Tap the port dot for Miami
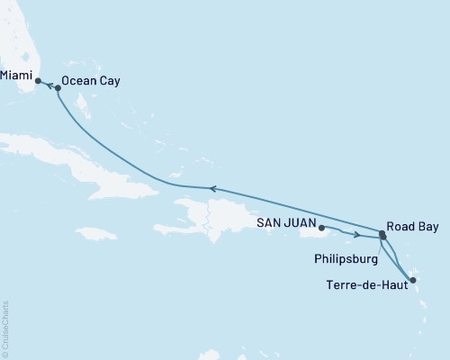[38, 81]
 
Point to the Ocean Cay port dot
[58, 88]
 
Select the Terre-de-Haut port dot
[412, 281]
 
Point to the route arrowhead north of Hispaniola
[211, 188]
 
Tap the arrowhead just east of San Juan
[357, 236]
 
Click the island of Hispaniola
[216, 216]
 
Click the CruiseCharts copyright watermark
[5, 328]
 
